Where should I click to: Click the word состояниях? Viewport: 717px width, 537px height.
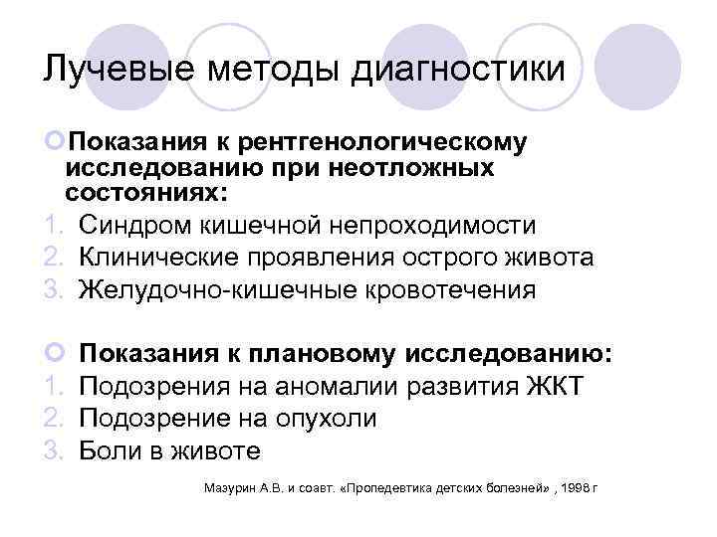pos(144,190)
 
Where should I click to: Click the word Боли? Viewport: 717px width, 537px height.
pos(109,451)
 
